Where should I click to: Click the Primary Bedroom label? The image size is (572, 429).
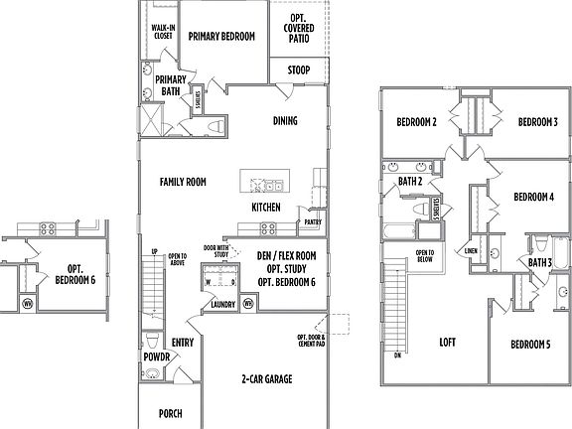tap(222, 36)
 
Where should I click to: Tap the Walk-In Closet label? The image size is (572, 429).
tap(163, 32)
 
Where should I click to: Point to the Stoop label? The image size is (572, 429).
tap(298, 71)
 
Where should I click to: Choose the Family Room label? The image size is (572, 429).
tap(183, 182)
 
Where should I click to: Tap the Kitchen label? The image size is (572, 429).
tap(265, 208)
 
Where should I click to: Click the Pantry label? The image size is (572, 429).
tap(313, 222)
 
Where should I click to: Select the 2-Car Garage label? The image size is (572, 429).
tap(266, 378)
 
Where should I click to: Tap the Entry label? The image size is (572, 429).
tap(183, 343)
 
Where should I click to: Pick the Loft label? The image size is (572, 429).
tap(447, 344)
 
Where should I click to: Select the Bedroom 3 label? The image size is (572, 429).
tap(537, 122)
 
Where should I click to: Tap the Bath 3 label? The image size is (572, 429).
tap(540, 263)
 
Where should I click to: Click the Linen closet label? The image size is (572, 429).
tap(471, 251)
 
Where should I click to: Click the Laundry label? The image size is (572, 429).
tap(222, 305)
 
